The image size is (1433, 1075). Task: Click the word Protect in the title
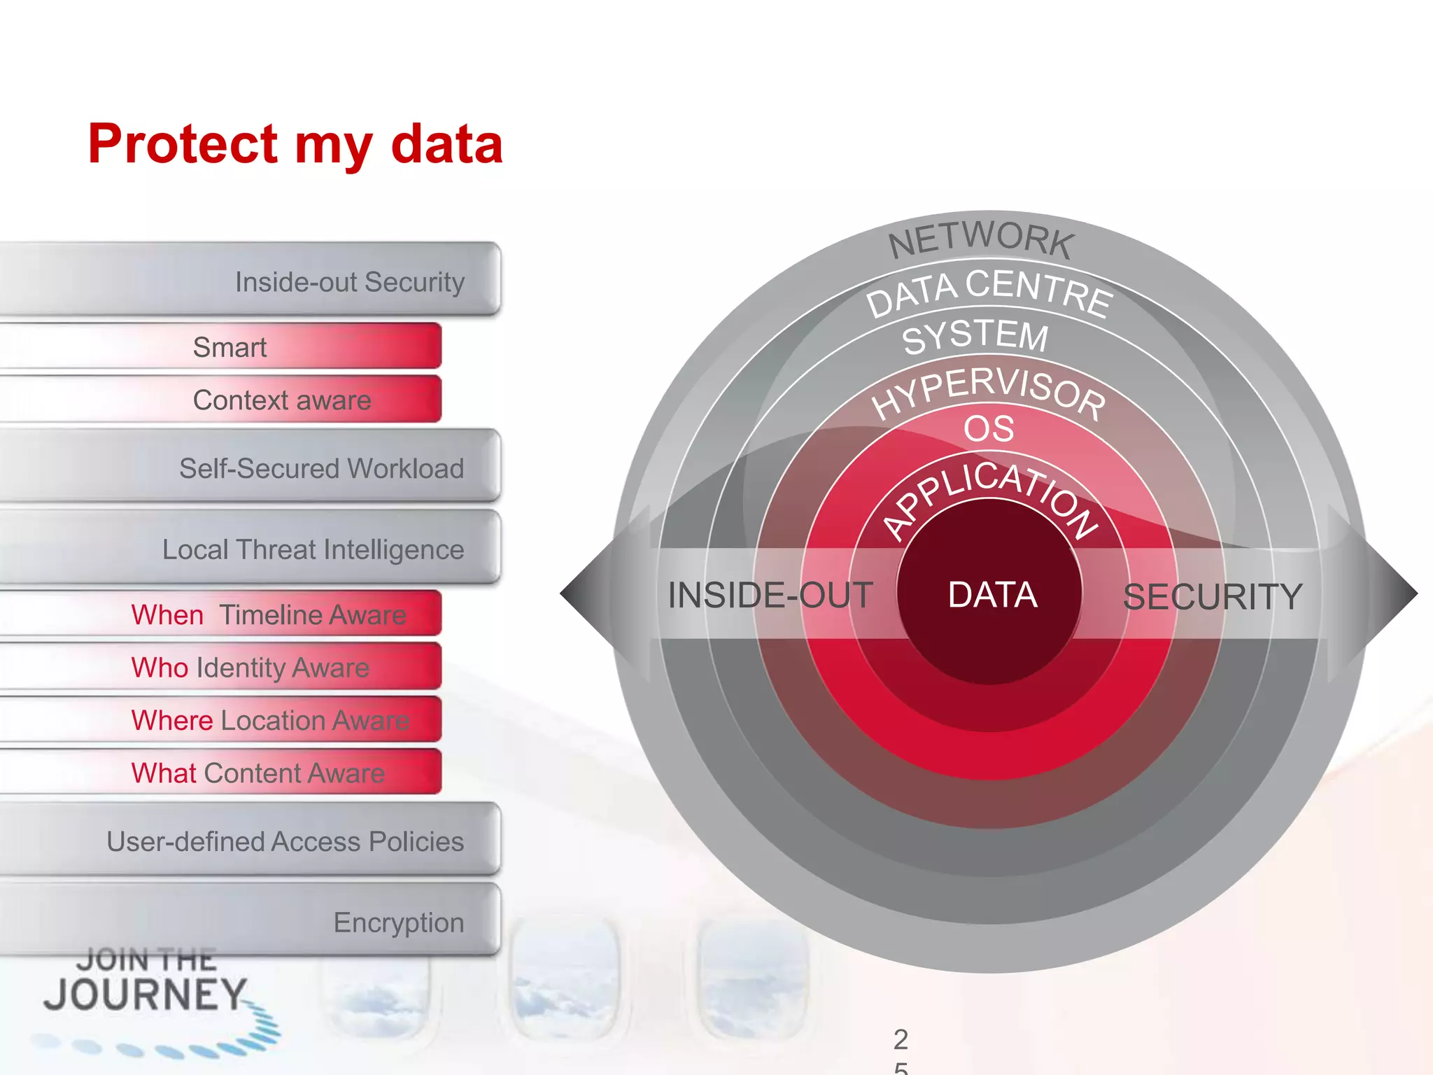(183, 144)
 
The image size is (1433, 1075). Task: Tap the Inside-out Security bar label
(349, 282)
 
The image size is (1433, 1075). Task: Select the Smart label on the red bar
(230, 347)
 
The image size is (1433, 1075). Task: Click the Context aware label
(282, 400)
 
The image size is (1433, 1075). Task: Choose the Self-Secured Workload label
(321, 468)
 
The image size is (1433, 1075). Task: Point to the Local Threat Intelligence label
(313, 549)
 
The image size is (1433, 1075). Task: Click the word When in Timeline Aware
(167, 615)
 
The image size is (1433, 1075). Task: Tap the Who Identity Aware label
(250, 668)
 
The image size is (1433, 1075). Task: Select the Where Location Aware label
(270, 720)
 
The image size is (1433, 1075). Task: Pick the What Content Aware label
(257, 773)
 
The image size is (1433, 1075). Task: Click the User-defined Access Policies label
(285, 841)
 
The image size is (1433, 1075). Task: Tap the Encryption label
(398, 922)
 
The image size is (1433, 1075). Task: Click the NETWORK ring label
(981, 239)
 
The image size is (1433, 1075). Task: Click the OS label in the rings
(989, 428)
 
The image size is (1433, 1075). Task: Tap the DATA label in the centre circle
(992, 595)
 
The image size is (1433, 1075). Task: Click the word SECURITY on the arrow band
(1212, 597)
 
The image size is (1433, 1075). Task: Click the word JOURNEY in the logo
(145, 995)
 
